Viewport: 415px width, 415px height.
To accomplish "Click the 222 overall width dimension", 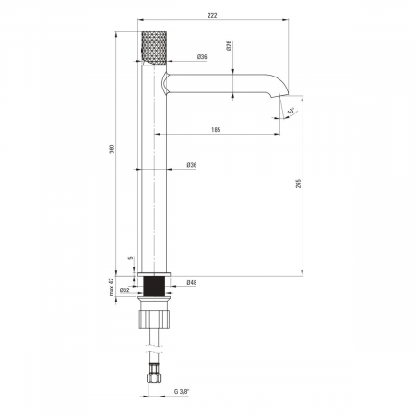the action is pyautogui.click(x=212, y=15).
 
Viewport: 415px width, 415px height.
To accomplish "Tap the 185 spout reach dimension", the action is pyautogui.click(x=216, y=130).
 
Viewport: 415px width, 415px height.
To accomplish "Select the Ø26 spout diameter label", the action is pyautogui.click(x=229, y=45).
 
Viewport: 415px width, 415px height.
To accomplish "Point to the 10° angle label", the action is pyautogui.click(x=290, y=112).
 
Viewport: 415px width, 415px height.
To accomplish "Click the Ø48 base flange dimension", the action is pyautogui.click(x=192, y=282).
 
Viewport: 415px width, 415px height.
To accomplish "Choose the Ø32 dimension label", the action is pyautogui.click(x=125, y=290).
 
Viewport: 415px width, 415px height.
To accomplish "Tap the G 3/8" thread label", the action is pyautogui.click(x=182, y=391).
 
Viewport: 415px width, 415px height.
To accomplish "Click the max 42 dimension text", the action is pyautogui.click(x=112, y=287).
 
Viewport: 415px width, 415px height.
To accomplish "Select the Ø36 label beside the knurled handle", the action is pyautogui.click(x=202, y=57).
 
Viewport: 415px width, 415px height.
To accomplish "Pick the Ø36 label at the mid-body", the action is pyautogui.click(x=192, y=165).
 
